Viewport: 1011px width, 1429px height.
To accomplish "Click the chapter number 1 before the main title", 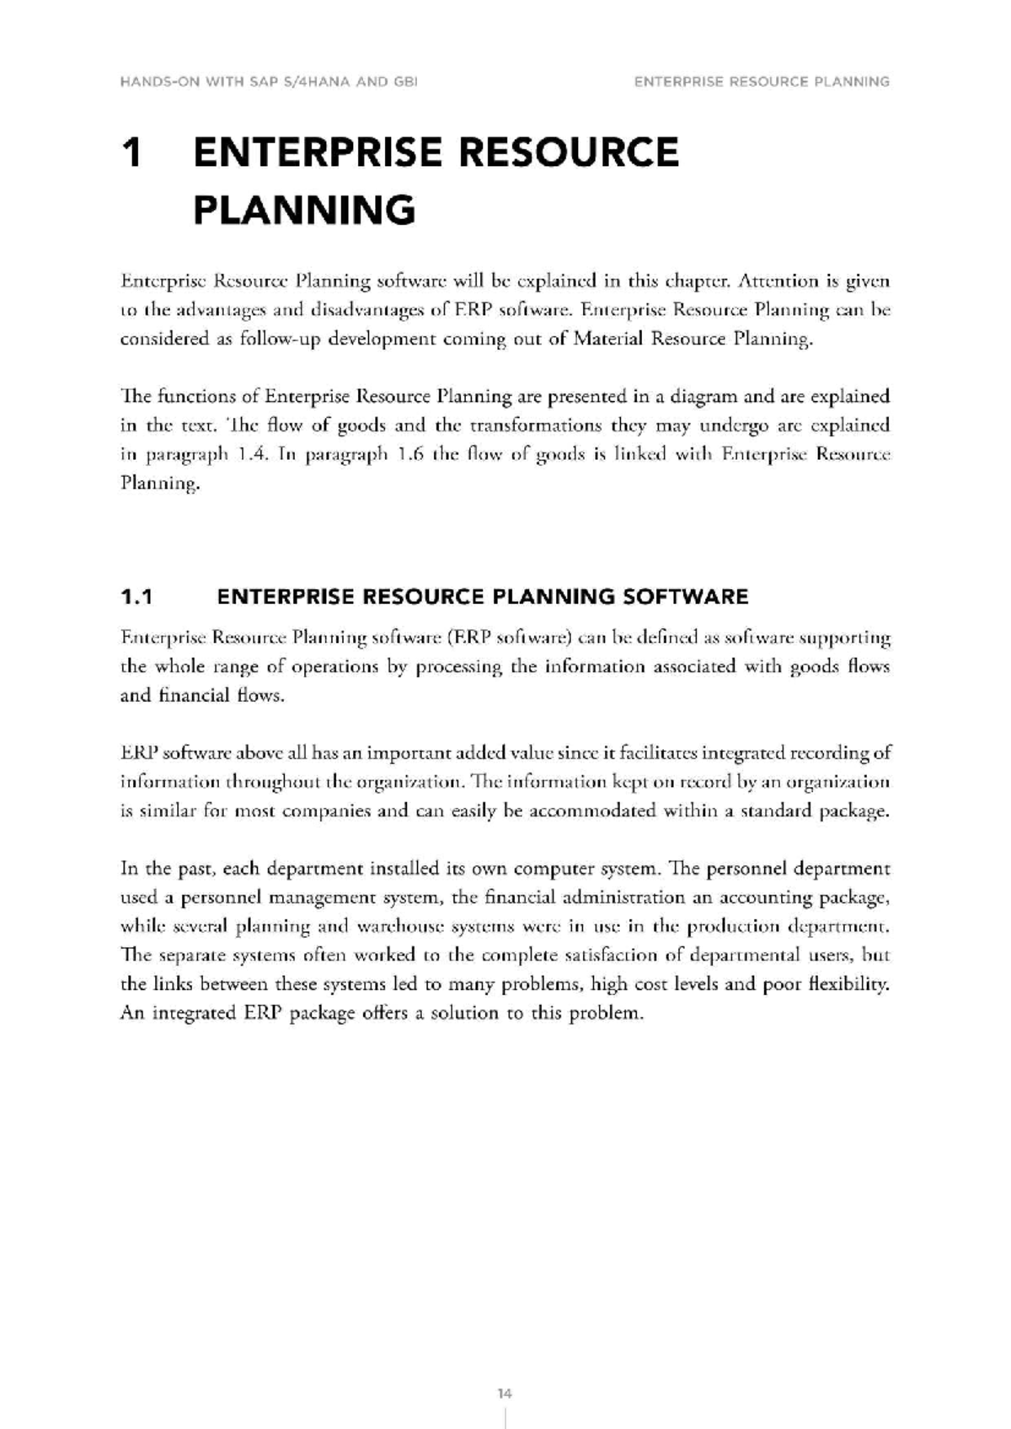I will click(x=131, y=153).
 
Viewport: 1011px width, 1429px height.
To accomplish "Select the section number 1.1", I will click(x=136, y=597).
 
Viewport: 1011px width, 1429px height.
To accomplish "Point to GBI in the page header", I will click(x=406, y=82).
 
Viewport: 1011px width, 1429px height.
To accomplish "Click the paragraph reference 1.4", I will click(x=252, y=455).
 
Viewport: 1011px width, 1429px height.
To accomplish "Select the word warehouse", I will click(x=393, y=926).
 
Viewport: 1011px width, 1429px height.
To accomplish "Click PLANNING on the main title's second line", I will click(x=304, y=210).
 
